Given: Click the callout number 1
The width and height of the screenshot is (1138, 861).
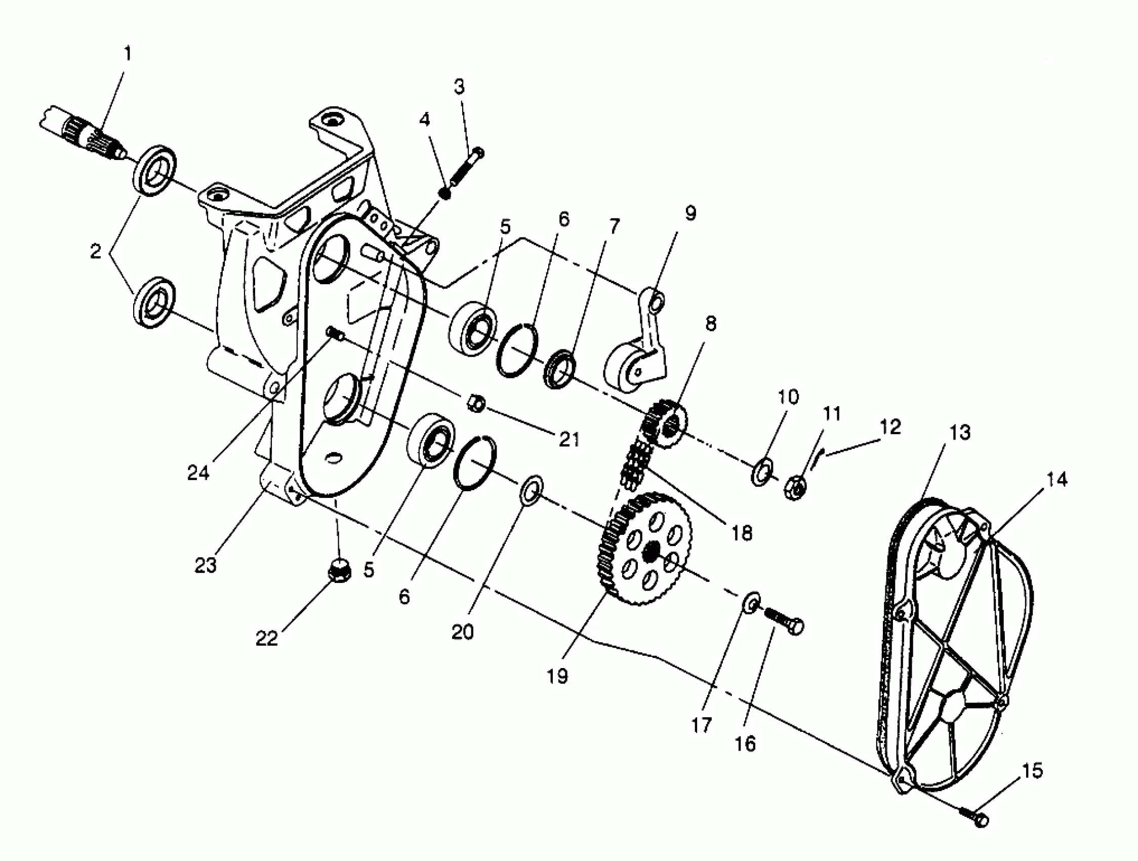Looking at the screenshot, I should (x=128, y=54).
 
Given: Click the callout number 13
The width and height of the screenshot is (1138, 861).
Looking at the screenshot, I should (x=959, y=433).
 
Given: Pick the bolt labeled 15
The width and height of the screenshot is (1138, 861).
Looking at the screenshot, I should (x=974, y=816).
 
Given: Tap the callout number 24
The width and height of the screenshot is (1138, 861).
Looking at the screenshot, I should (x=198, y=473).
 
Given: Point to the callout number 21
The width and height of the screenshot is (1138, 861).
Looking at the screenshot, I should (x=569, y=440).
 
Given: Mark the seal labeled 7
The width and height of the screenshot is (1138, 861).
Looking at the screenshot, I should (x=560, y=369).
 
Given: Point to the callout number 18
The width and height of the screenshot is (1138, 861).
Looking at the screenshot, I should (x=741, y=534).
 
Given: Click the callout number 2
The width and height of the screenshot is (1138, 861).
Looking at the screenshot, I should (x=96, y=252).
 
